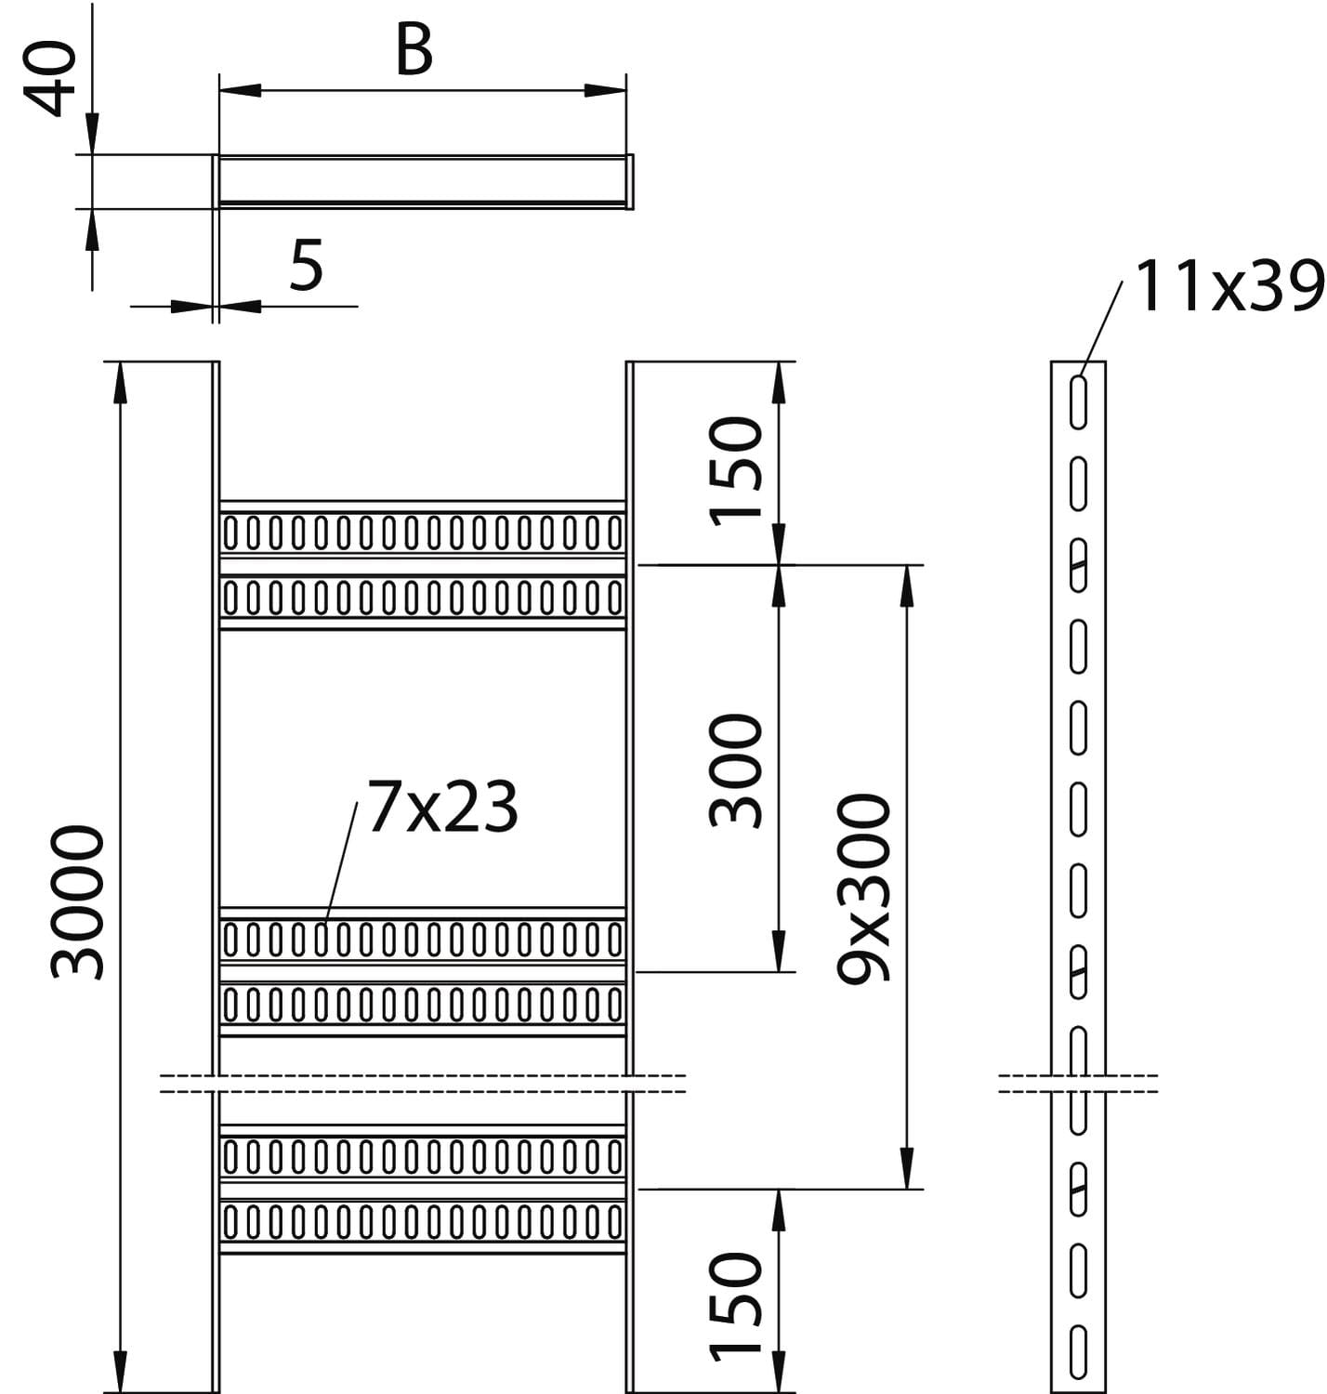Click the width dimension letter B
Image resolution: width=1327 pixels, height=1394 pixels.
pos(414,51)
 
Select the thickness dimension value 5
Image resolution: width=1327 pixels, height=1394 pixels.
pos(306,265)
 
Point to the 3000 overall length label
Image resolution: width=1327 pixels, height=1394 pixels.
pos(78,901)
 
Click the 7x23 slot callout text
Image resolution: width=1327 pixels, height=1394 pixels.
pos(442,808)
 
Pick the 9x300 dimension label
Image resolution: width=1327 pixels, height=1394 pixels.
pos(864,888)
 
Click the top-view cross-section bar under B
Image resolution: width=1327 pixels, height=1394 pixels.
pos(423,180)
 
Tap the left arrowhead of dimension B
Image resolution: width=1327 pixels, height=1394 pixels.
pos(238,90)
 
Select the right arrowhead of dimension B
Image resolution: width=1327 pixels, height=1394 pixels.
pos(606,90)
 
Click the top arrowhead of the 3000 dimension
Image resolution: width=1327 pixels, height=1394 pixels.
pos(119,381)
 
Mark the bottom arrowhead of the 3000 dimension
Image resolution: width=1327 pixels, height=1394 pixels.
pos(119,1374)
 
